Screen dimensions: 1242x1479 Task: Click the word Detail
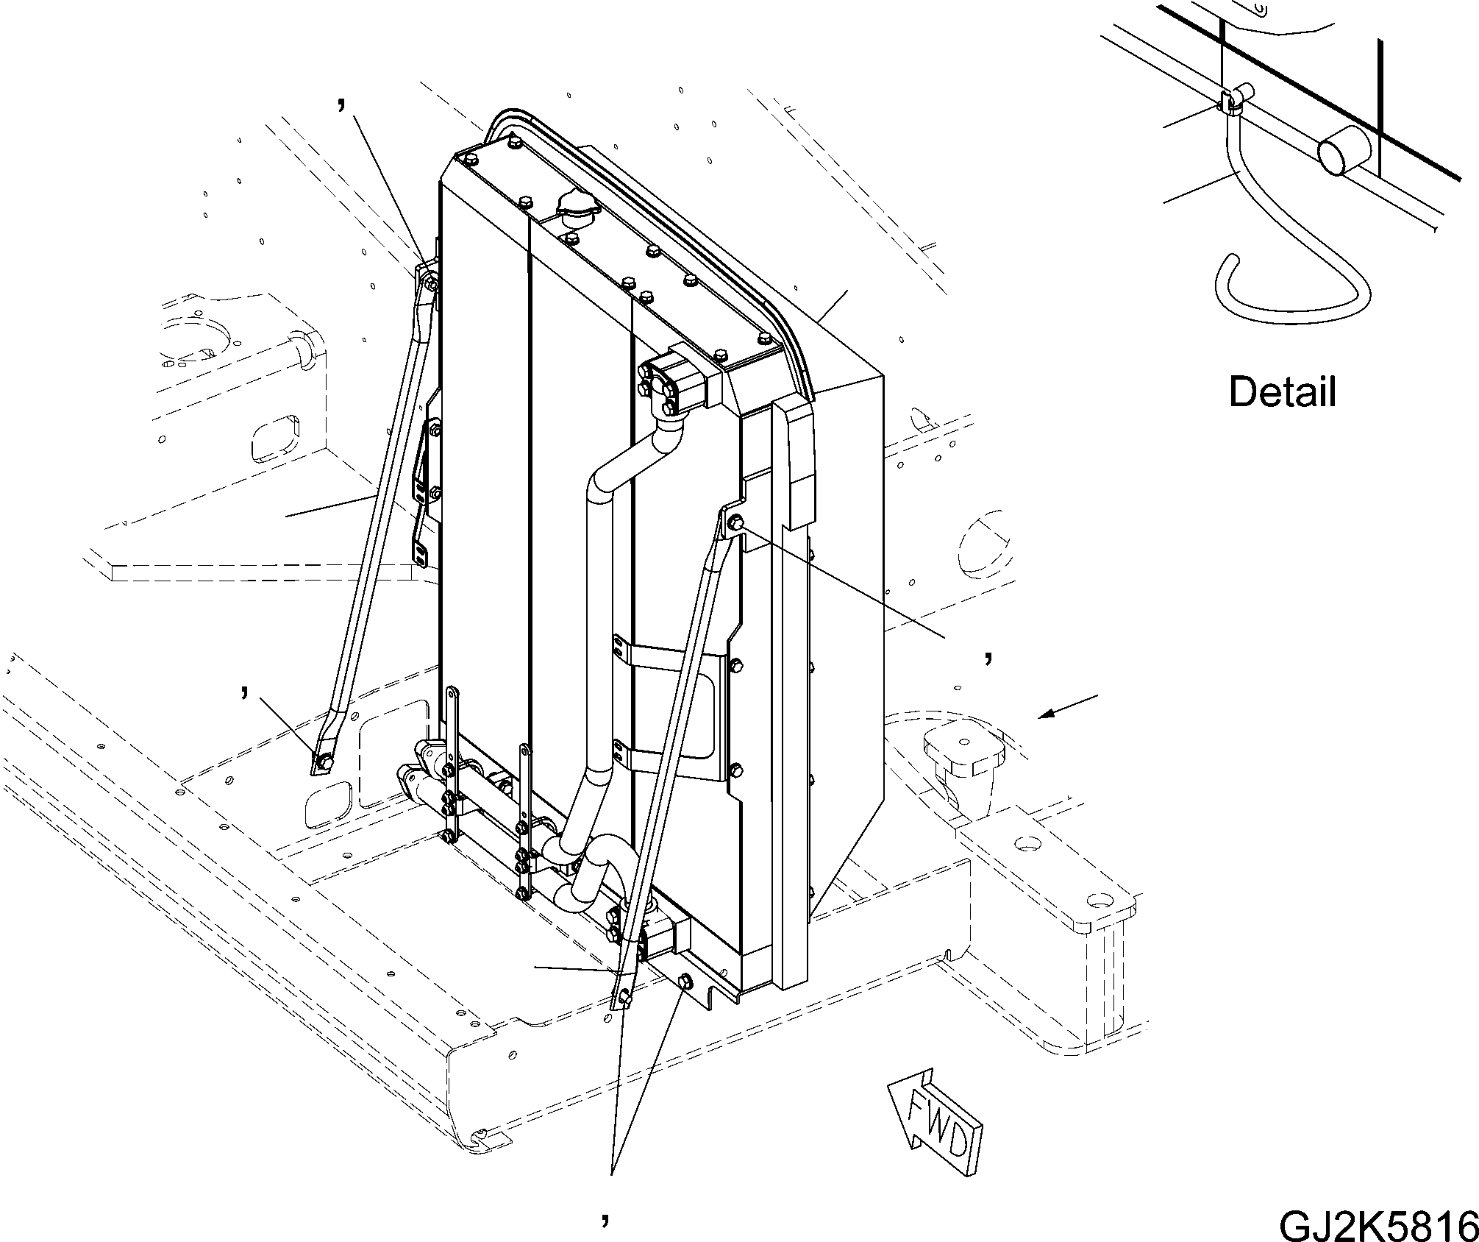point(1282,392)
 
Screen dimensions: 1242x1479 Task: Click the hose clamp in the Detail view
point(1230,102)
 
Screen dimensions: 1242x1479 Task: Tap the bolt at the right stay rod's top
point(735,523)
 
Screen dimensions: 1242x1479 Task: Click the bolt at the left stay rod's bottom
point(324,762)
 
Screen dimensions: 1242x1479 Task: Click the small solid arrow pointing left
point(1070,706)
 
